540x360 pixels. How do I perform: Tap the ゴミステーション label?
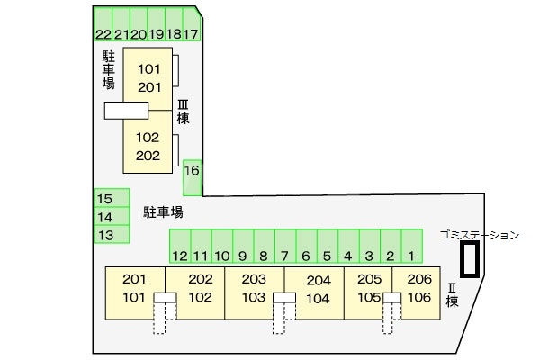tap(480, 235)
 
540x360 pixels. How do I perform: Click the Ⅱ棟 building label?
tap(452, 294)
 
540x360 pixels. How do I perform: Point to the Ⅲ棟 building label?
tap(183, 111)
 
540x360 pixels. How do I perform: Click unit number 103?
tap(254, 297)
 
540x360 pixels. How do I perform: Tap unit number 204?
tap(318, 280)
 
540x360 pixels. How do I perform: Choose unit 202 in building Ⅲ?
tap(148, 155)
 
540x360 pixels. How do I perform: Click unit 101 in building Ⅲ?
tap(148, 69)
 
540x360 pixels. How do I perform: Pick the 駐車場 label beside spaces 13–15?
tap(164, 213)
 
